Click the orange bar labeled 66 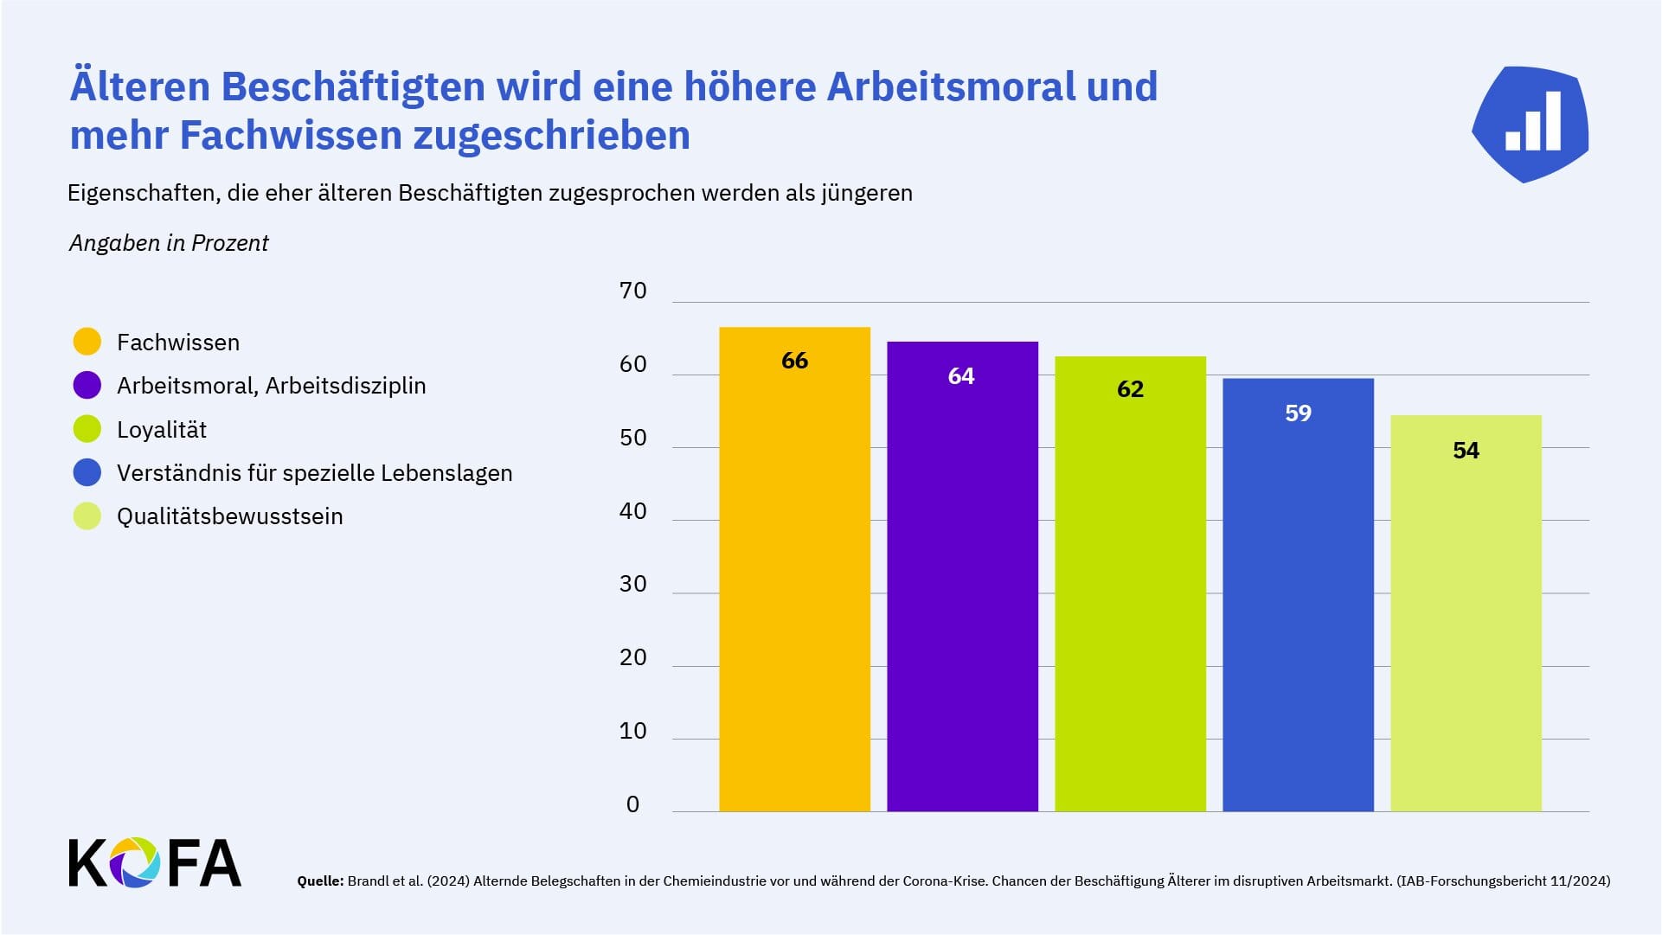[794, 571]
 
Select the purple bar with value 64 [962, 580]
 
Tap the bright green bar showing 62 [1130, 588]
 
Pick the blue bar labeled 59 [1298, 597]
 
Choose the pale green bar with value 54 [1466, 614]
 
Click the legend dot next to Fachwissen [87, 342]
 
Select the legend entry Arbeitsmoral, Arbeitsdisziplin [271, 386]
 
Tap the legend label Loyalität [162, 430]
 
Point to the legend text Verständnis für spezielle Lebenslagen [314, 473]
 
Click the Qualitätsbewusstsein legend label [229, 516]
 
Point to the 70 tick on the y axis [633, 291]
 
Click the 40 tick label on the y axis [633, 511]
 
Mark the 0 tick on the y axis [632, 804]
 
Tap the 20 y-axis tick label [633, 657]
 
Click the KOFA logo [155, 862]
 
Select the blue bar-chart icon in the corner [1530, 124]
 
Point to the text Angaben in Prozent [169, 243]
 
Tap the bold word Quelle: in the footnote [320, 881]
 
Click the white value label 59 [1298, 413]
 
